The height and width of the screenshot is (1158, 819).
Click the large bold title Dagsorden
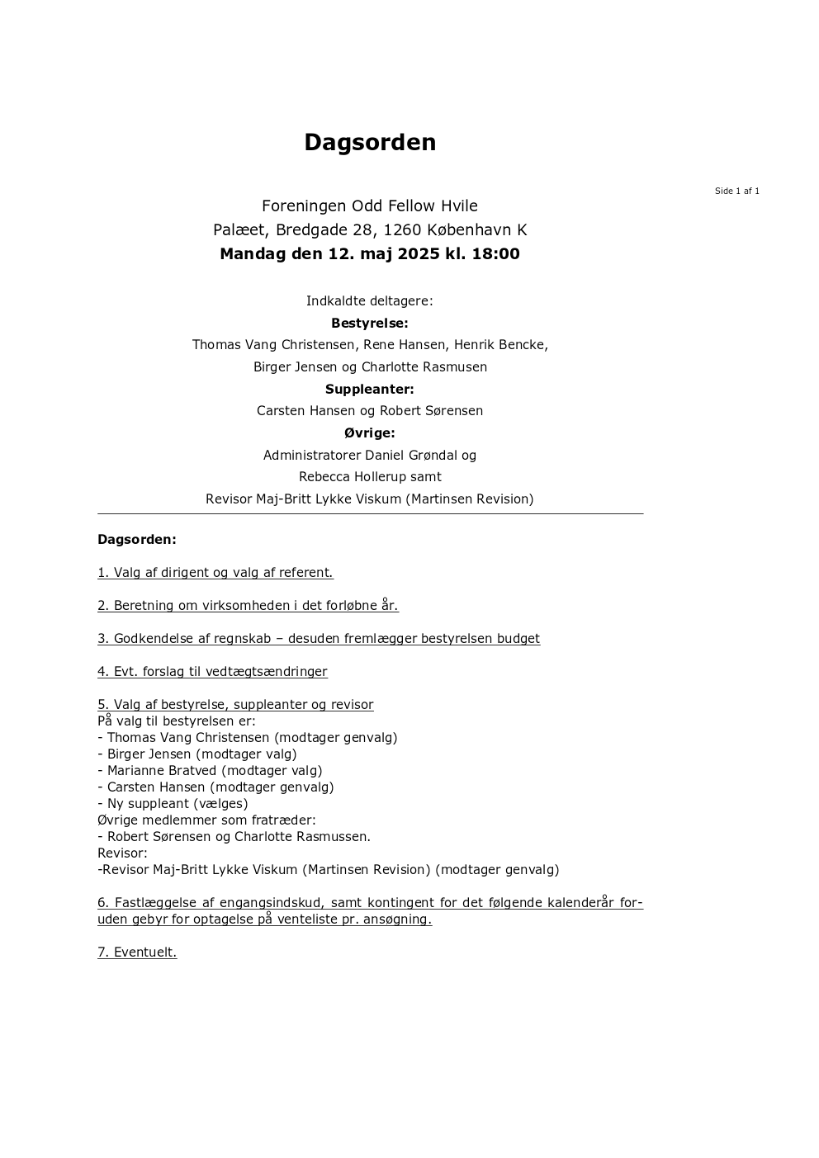point(370,142)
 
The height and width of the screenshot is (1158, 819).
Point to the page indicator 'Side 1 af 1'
point(736,191)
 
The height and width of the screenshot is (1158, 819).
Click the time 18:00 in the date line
point(495,254)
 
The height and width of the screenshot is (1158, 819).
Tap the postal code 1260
point(402,230)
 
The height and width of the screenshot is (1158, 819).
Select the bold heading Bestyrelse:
point(370,324)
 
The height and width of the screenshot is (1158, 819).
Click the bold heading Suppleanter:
point(370,389)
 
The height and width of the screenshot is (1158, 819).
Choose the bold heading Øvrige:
point(370,432)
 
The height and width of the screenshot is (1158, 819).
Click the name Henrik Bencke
point(500,345)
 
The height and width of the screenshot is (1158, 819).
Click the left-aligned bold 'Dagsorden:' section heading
point(137,540)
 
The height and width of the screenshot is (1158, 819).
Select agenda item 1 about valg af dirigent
point(215,573)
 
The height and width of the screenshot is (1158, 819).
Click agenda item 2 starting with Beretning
point(248,606)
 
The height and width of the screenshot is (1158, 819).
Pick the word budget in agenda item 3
point(518,639)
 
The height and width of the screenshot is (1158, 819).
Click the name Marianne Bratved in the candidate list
point(162,771)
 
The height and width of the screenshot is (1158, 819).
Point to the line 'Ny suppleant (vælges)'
point(178,804)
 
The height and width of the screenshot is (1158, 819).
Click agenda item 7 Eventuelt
point(137,952)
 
